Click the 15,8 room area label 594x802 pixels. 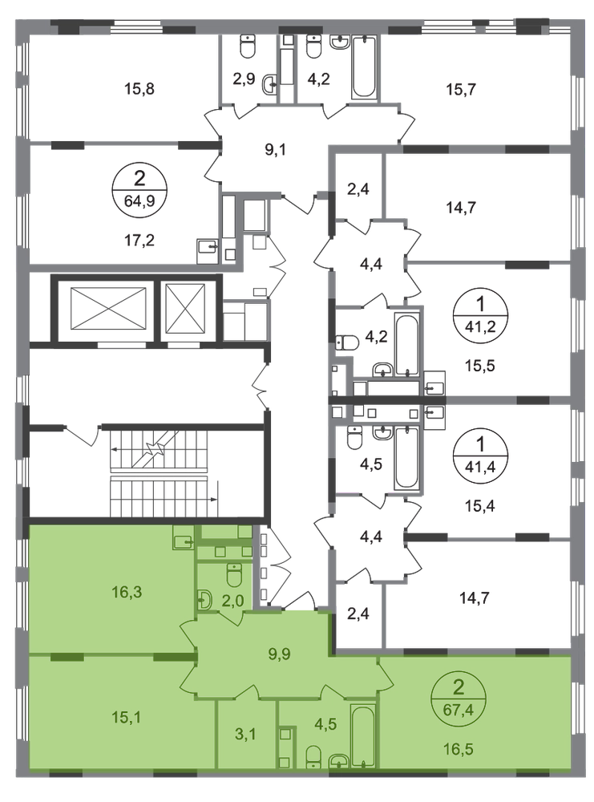139,89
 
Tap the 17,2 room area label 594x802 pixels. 139,240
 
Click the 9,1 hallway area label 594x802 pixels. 276,150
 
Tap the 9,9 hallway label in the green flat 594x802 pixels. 279,653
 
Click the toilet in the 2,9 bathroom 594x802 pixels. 248,47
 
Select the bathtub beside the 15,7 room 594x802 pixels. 364,67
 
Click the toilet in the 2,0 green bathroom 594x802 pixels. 234,575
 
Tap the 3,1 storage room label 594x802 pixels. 245,735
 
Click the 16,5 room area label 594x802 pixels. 459,749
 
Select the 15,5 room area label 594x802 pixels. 480,367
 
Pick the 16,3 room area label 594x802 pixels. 127,593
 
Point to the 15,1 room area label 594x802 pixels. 127,718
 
